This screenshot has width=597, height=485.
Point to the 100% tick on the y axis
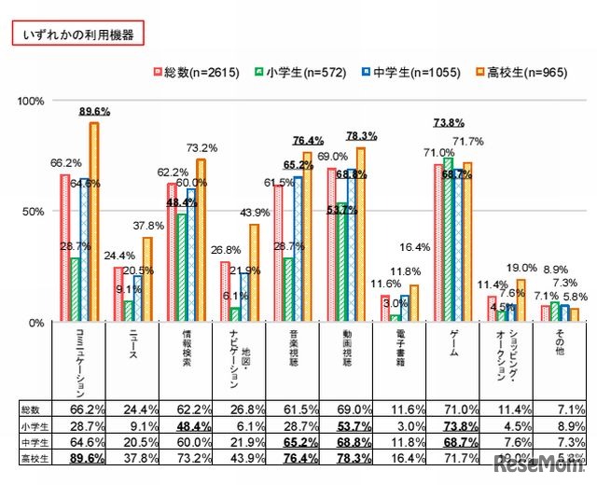pyautogui.click(x=31, y=100)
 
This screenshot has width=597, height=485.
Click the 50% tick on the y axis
pyautogui.click(x=34, y=211)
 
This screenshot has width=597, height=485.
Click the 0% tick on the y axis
pyautogui.click(x=36, y=323)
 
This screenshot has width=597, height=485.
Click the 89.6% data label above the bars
pyautogui.click(x=95, y=111)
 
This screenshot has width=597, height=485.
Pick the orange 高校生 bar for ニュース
pyautogui.click(x=146, y=280)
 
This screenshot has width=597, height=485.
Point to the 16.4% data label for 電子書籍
pyautogui.click(x=416, y=247)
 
